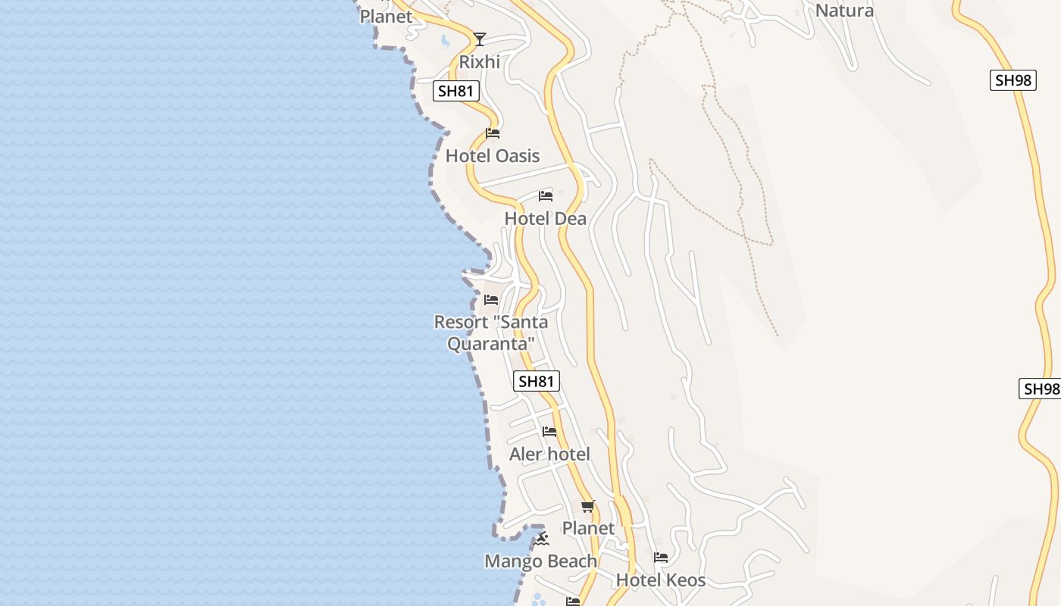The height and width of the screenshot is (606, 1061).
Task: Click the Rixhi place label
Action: point(479,61)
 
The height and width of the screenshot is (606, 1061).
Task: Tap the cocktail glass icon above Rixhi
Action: point(479,39)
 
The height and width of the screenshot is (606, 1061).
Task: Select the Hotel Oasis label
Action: point(493,156)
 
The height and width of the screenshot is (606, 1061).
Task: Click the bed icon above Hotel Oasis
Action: point(493,134)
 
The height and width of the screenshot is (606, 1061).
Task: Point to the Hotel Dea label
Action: point(545,219)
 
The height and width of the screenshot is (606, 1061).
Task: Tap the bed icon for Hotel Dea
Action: point(546,196)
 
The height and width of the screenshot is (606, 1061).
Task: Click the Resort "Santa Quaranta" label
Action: point(490,333)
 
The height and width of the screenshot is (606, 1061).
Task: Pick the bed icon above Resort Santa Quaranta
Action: point(491,300)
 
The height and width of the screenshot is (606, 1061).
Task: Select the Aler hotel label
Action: point(549,454)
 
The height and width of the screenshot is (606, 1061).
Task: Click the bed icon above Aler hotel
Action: point(549,432)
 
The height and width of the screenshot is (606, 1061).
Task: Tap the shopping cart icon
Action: point(588,506)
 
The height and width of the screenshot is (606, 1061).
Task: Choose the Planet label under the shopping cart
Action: point(588,528)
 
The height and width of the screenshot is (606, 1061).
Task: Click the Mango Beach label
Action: point(540,561)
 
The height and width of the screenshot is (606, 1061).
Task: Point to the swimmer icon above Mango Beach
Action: point(540,539)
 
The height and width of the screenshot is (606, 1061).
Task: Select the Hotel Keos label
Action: point(661,580)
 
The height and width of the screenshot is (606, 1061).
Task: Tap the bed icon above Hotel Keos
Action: point(661,558)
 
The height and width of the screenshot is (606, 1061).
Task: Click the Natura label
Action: point(844,11)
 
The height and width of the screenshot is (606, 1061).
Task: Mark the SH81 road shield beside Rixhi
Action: point(456,92)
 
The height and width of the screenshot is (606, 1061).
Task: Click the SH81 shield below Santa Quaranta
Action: point(537,381)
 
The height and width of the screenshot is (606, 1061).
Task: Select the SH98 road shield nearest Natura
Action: point(1012,80)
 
